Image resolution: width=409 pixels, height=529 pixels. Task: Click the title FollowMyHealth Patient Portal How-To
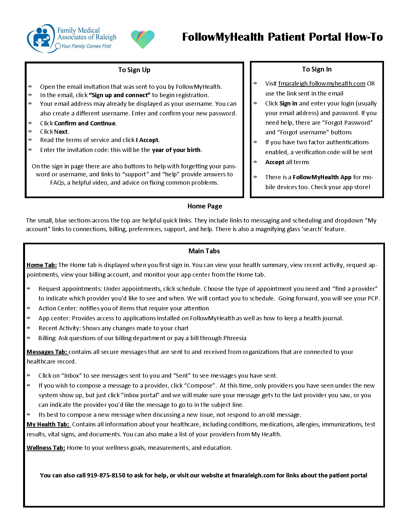click(x=282, y=37)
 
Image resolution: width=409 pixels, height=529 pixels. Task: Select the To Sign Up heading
click(x=134, y=70)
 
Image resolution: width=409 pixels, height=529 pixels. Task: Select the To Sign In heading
click(x=317, y=69)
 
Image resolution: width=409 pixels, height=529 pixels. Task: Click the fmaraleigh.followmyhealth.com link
click(x=321, y=84)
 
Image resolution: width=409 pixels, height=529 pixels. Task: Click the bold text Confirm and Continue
click(x=85, y=123)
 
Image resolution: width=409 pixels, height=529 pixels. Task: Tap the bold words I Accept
click(x=147, y=140)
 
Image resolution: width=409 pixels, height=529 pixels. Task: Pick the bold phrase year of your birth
click(x=176, y=150)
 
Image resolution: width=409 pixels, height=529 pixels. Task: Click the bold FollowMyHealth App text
click(x=322, y=177)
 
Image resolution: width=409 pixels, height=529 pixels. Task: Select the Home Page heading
click(x=205, y=206)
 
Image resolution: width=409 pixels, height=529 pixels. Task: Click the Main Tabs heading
click(x=204, y=251)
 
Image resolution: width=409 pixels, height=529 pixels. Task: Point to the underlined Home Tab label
click(x=41, y=265)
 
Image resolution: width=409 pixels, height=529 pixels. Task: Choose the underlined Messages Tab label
click(x=47, y=352)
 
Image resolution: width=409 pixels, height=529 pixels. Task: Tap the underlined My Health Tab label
click(x=48, y=424)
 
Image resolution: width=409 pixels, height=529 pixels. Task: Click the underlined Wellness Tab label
click(x=46, y=448)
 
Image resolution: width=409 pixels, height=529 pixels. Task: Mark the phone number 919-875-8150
click(x=106, y=475)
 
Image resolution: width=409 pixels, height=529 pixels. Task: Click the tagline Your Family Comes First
click(x=86, y=46)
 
